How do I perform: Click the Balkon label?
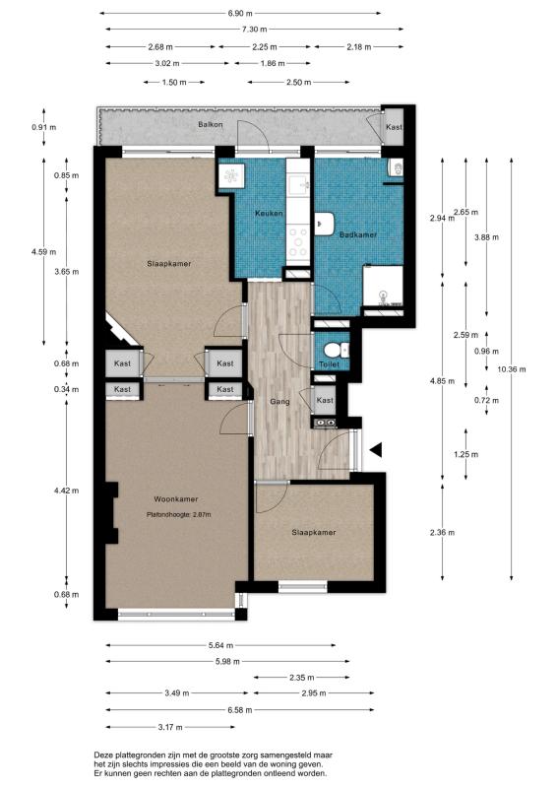point(210,124)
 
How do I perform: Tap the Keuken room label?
point(269,213)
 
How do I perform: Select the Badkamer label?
point(357,234)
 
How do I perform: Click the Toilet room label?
point(329,364)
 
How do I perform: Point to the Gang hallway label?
point(279,402)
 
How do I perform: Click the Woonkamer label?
point(176,499)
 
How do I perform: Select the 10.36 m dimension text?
point(512,368)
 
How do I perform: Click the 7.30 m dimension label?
point(254,30)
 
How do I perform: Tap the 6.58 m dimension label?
point(239,710)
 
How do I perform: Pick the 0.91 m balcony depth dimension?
point(43,127)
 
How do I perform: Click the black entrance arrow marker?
point(376,450)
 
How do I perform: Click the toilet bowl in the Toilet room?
point(333,349)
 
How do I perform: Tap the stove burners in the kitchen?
point(299,242)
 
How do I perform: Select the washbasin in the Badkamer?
point(325,225)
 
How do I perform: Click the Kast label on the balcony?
point(394,127)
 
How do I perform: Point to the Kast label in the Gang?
point(325,400)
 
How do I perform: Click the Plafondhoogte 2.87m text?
point(179,514)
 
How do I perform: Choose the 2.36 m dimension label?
point(442,532)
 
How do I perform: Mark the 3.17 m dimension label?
point(170,727)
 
